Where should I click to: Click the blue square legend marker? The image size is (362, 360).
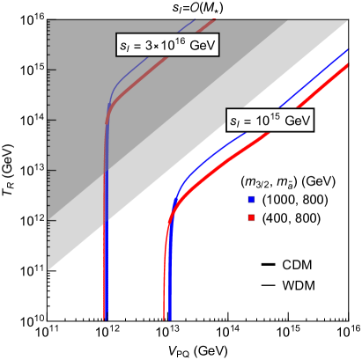tap(251, 200)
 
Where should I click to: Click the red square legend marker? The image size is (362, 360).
tap(251, 217)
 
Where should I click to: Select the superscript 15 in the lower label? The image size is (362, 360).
tap(274, 116)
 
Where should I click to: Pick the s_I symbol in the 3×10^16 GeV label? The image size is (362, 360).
tap(125, 46)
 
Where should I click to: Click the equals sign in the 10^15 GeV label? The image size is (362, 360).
tap(248, 121)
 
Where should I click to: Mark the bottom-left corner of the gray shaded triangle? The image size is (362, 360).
tap(48, 269)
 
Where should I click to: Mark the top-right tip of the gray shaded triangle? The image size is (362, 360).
tap(349, 21)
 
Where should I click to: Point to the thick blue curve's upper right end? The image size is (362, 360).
tap(349, 49)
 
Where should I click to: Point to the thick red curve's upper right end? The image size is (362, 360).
tap(349, 64)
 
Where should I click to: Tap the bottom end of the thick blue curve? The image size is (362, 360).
tap(170, 319)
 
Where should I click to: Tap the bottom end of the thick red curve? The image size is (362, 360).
tap(164, 319)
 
